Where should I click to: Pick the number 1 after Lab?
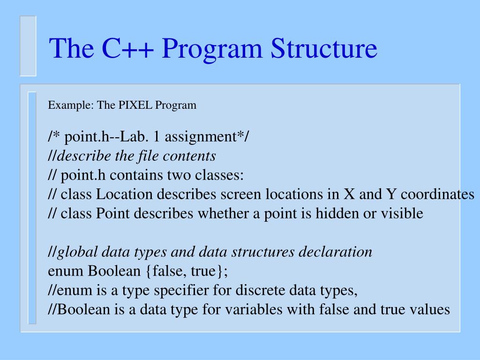[157, 137]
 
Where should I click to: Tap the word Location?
[125, 195]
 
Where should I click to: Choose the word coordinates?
[438, 195]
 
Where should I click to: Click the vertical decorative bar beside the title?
[28, 45]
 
